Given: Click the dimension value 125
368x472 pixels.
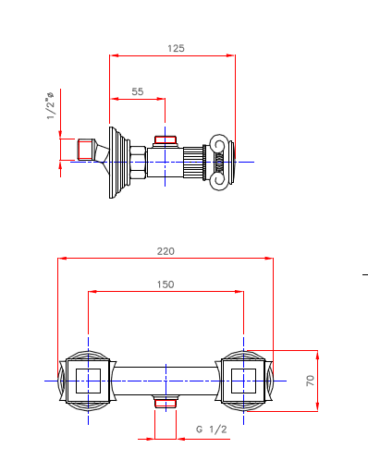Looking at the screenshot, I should (x=173, y=47).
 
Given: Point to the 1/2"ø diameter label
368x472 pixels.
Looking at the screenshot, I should (x=50, y=104).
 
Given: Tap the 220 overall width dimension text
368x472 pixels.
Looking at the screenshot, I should (x=166, y=250).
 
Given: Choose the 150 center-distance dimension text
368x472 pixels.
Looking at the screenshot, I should (x=166, y=284).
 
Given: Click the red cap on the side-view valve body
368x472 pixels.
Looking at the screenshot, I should (x=166, y=141).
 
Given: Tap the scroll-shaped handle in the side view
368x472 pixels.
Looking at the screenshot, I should (x=220, y=162).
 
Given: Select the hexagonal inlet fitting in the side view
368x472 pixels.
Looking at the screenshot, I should (x=85, y=150).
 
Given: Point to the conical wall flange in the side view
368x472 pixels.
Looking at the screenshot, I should (x=117, y=161).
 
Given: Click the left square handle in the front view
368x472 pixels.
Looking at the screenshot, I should (x=88, y=380).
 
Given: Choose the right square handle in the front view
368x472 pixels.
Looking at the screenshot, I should (x=244, y=380).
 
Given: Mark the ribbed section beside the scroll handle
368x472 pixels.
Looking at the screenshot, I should (x=197, y=162).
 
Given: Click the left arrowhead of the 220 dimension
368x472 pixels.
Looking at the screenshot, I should (x=61, y=259).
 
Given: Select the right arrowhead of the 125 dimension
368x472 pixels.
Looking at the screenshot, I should (x=232, y=55).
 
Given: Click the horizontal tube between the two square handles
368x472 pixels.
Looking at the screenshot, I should (x=166, y=379).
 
